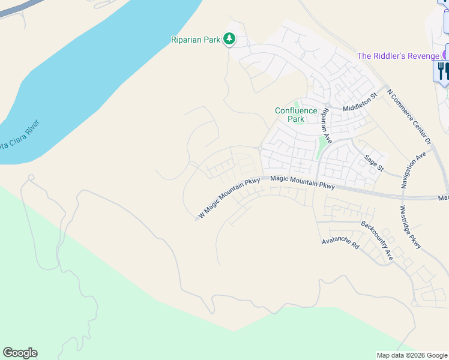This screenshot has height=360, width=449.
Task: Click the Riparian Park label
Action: pyautogui.click(x=195, y=40)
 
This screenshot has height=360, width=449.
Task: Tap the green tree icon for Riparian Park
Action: pyautogui.click(x=229, y=40)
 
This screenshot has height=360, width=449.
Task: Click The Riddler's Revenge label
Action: pyautogui.click(x=397, y=56)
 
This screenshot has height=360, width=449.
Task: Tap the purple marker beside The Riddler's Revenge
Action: pyautogui.click(x=444, y=55)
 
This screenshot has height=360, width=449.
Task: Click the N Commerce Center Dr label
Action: pyautogui.click(x=409, y=116)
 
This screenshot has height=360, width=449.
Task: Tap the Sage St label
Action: pyautogui.click(x=373, y=162)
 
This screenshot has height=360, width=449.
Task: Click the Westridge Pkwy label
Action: pyautogui.click(x=411, y=227)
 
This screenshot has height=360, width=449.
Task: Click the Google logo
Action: pyautogui.click(x=20, y=353)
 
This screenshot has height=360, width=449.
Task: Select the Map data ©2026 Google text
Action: pyautogui.click(x=412, y=355)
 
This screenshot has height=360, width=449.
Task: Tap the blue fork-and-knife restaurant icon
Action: pyautogui.click(x=443, y=71)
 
